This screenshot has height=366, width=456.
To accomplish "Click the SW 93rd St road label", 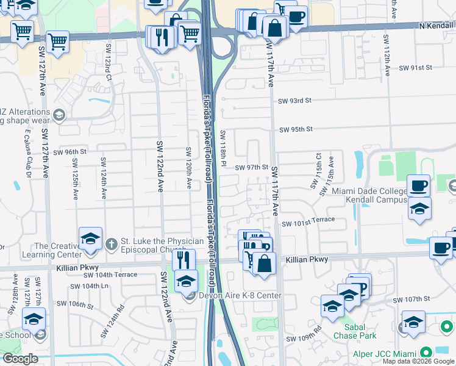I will coord(294,101).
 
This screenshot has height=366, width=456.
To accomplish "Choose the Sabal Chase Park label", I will coord(354,330).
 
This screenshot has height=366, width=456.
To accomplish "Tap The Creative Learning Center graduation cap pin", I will coord(90,239).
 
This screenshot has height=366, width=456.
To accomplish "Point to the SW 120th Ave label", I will coord(189,168).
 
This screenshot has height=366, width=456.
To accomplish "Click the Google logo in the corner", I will coord(20,359).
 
